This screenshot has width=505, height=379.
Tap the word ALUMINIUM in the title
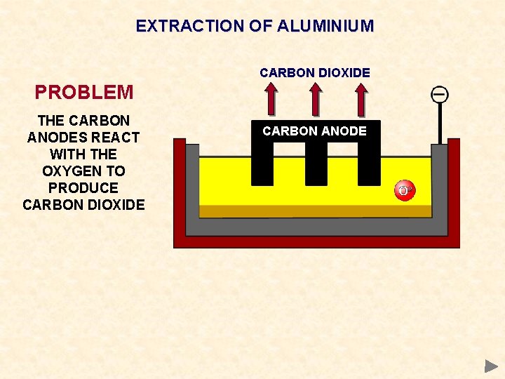(326, 26)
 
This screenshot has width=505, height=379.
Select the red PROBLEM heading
(84, 92)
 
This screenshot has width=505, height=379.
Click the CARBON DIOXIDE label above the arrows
(315, 72)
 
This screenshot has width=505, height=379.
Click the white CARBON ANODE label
(315, 131)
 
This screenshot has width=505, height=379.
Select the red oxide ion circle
(405, 191)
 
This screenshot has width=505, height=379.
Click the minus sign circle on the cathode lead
(440, 94)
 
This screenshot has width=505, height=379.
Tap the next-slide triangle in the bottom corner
(491, 366)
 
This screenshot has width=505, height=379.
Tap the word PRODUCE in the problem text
(83, 188)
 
